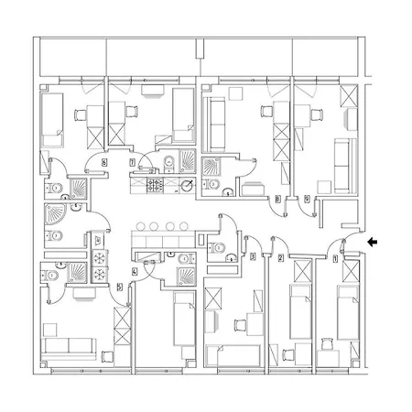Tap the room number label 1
point(335,259)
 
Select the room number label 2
point(280,259)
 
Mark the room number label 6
point(103,162)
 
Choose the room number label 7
point(134,162)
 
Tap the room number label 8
point(277,198)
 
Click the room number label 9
point(306,198)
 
